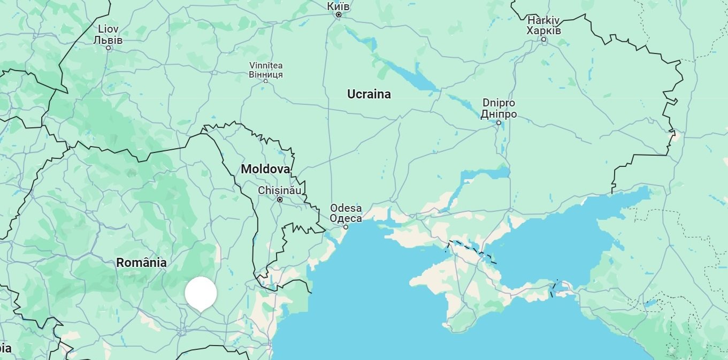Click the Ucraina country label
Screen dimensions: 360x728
369,94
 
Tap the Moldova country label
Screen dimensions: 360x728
265,169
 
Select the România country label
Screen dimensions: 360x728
141,263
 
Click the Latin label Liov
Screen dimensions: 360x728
108,29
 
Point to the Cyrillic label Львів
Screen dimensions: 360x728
108,40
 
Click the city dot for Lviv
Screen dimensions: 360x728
109,48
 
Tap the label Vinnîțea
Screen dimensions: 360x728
266,66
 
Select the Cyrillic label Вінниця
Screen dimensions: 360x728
266,74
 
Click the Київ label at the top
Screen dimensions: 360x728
338,6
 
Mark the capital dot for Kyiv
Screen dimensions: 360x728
339,15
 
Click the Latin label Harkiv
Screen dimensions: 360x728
543,20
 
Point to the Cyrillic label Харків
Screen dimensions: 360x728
543,30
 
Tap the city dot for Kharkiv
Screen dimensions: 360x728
544,40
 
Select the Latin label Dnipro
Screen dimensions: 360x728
499,103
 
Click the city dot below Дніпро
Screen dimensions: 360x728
499,122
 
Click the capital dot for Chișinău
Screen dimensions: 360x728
280,200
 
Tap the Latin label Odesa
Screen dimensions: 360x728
346,208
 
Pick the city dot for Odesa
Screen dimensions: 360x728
346,227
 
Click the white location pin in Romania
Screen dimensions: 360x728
201,294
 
